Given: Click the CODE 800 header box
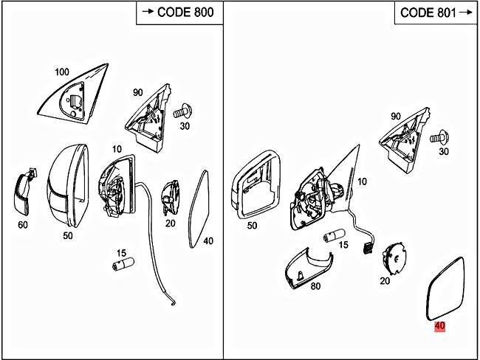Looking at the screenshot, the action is [x=179, y=13].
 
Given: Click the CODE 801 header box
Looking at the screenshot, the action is [x=436, y=13].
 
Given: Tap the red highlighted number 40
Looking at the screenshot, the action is [x=440, y=326].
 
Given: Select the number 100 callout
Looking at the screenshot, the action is [x=62, y=72].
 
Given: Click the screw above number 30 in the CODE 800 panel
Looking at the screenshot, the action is [x=182, y=112].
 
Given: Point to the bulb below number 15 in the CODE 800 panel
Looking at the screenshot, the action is [x=123, y=264].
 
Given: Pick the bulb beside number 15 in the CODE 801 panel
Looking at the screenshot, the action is [x=335, y=236].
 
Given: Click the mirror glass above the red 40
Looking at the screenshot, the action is [x=445, y=289].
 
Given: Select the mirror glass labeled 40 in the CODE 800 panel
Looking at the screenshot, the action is [x=199, y=210].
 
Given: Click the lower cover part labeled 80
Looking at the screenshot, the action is [x=309, y=269].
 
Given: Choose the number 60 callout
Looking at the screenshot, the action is [x=23, y=225].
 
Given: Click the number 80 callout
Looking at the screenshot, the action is [x=315, y=286].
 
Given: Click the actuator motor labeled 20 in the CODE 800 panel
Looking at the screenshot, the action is [x=170, y=198].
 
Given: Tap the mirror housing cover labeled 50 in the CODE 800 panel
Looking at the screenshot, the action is [x=68, y=186].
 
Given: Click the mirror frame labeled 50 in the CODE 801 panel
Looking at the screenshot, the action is [x=256, y=184].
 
